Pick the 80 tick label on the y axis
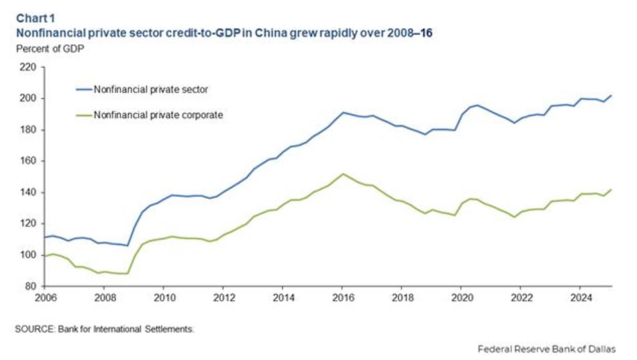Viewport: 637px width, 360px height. pos(30,287)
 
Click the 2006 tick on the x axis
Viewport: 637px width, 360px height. pos(45,296)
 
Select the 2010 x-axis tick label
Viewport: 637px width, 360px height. pos(164,296)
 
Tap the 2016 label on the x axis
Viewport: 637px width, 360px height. pos(342,296)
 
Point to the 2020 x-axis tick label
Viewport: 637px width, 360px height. pos(461,296)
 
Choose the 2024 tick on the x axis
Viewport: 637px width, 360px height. pos(580,296)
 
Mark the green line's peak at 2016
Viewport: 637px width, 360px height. pos(342,174)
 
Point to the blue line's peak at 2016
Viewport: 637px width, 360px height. pos(343,113)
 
